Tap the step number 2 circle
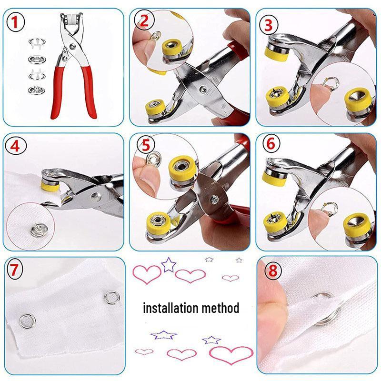[x=145, y=20]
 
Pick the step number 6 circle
[x=271, y=145]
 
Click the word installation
[x=170, y=308]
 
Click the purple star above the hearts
[x=168, y=264]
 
